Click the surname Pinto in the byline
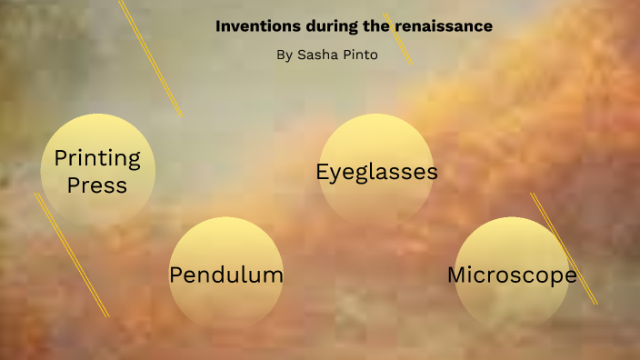359,55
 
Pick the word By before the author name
285,55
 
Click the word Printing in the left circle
97,158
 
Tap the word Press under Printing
97,185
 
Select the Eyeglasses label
376,172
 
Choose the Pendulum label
226,275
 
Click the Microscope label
512,275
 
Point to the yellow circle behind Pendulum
226,305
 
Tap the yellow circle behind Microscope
512,305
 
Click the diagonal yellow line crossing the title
398,39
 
